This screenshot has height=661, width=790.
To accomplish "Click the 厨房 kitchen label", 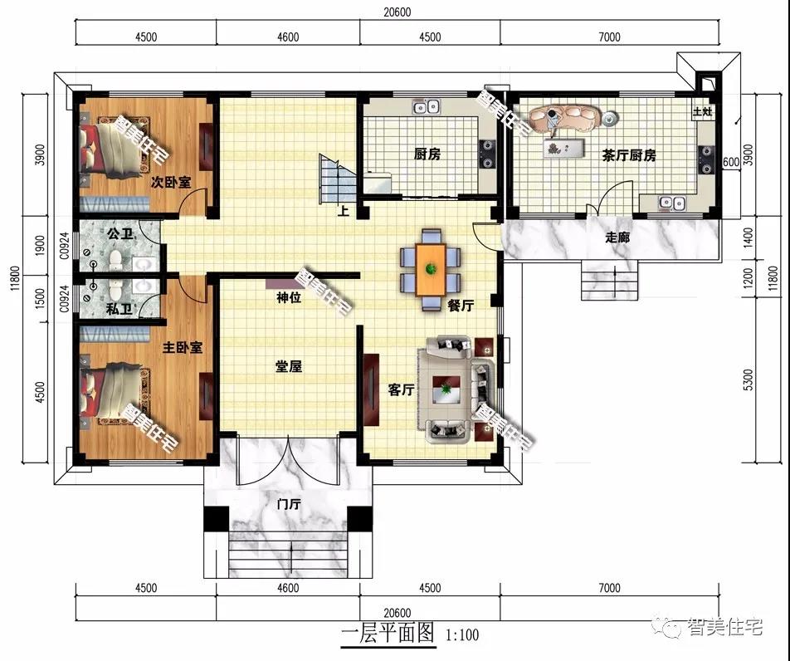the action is (x=427, y=154).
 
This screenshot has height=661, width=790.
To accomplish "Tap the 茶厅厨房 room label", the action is (x=629, y=156).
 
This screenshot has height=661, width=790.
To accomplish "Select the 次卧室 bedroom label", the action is (x=171, y=182).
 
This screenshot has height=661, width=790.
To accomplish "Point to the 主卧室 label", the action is (x=183, y=347).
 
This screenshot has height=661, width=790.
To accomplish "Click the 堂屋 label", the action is (x=289, y=366).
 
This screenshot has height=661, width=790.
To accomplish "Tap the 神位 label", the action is (x=289, y=298).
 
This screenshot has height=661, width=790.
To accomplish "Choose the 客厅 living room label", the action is (x=401, y=389).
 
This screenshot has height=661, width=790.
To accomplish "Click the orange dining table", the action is (x=431, y=269).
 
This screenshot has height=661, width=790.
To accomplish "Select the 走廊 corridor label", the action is (x=617, y=237).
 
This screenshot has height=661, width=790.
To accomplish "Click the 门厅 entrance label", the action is (x=289, y=504).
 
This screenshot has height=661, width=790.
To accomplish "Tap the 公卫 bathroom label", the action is (x=120, y=234).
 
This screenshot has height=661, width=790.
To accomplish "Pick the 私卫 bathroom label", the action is (x=119, y=309).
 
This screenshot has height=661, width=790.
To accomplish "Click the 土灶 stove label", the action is (x=702, y=111).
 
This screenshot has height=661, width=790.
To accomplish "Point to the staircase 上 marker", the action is (x=343, y=210).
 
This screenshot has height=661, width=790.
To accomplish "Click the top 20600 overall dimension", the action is (x=397, y=12).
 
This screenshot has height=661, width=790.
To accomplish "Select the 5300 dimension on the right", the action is (x=749, y=379).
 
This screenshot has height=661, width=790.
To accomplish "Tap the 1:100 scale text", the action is (x=462, y=634).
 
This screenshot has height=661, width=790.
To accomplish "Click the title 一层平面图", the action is (x=388, y=632).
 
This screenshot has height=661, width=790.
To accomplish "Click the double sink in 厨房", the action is (x=427, y=107).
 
